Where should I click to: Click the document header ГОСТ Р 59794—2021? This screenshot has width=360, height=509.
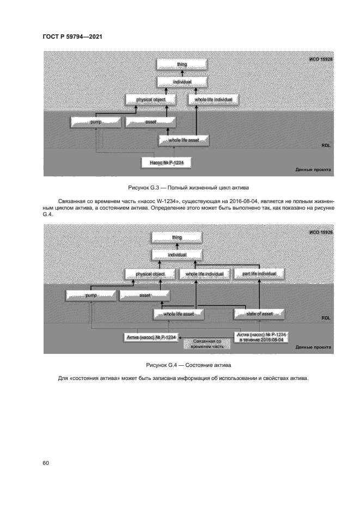pos(73,36)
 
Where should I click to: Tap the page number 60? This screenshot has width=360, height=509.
pos(46,463)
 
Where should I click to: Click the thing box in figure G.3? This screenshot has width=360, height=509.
pos(182,64)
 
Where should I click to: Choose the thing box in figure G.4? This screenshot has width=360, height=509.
pos(176,237)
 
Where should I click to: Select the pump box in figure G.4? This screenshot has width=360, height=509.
pos(90,295)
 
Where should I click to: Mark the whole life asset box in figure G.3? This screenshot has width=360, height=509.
pos(183,140)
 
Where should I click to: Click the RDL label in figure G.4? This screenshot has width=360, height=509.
pos(325,318)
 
